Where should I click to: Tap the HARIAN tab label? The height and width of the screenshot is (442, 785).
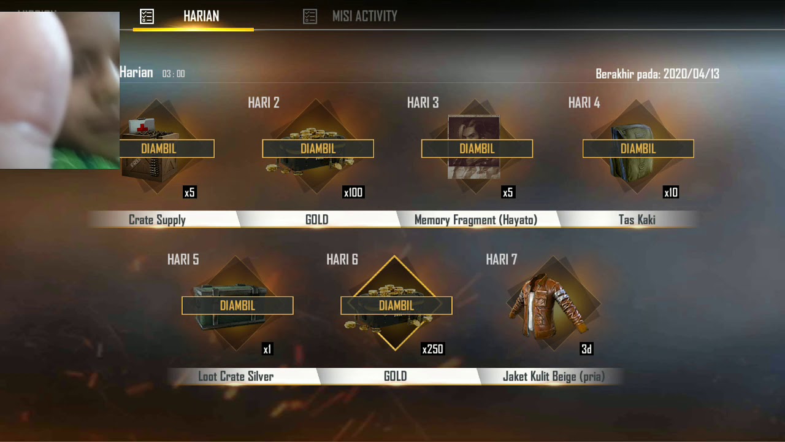(x=201, y=16)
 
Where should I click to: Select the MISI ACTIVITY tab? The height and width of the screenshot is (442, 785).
(x=364, y=16)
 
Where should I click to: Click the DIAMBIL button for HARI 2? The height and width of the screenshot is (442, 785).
(x=318, y=149)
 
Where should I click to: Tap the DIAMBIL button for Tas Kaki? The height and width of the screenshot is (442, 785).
(x=638, y=149)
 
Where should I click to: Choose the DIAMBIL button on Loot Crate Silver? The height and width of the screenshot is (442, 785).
(x=237, y=306)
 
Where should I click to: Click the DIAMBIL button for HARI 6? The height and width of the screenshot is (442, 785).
(x=396, y=306)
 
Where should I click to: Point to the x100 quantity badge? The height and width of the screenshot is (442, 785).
(x=353, y=192)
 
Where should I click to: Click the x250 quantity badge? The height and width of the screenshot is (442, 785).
(x=433, y=349)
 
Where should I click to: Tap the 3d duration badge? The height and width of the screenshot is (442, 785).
(x=587, y=349)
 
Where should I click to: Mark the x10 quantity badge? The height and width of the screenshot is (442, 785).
(x=671, y=192)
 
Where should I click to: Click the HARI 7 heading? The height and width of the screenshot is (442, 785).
(x=502, y=260)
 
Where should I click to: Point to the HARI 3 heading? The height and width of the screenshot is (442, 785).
(x=423, y=103)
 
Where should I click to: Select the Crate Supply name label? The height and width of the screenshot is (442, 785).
(x=157, y=220)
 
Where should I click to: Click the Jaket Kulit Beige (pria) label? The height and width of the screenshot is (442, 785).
(x=554, y=376)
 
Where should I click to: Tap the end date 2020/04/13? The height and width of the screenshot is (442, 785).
(x=691, y=74)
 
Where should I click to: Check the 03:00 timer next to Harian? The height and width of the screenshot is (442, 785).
(x=174, y=74)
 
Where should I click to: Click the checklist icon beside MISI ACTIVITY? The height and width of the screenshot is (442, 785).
(x=310, y=17)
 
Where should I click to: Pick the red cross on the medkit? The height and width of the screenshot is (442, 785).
(x=142, y=126)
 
